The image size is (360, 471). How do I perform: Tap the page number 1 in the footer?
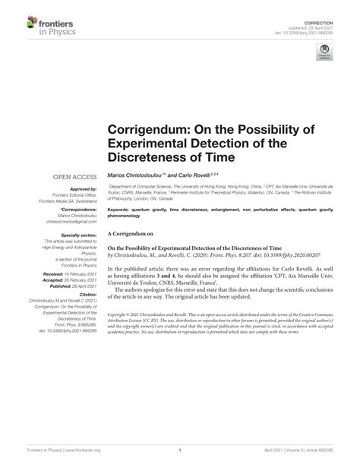pyautogui.click(x=179, y=450)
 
